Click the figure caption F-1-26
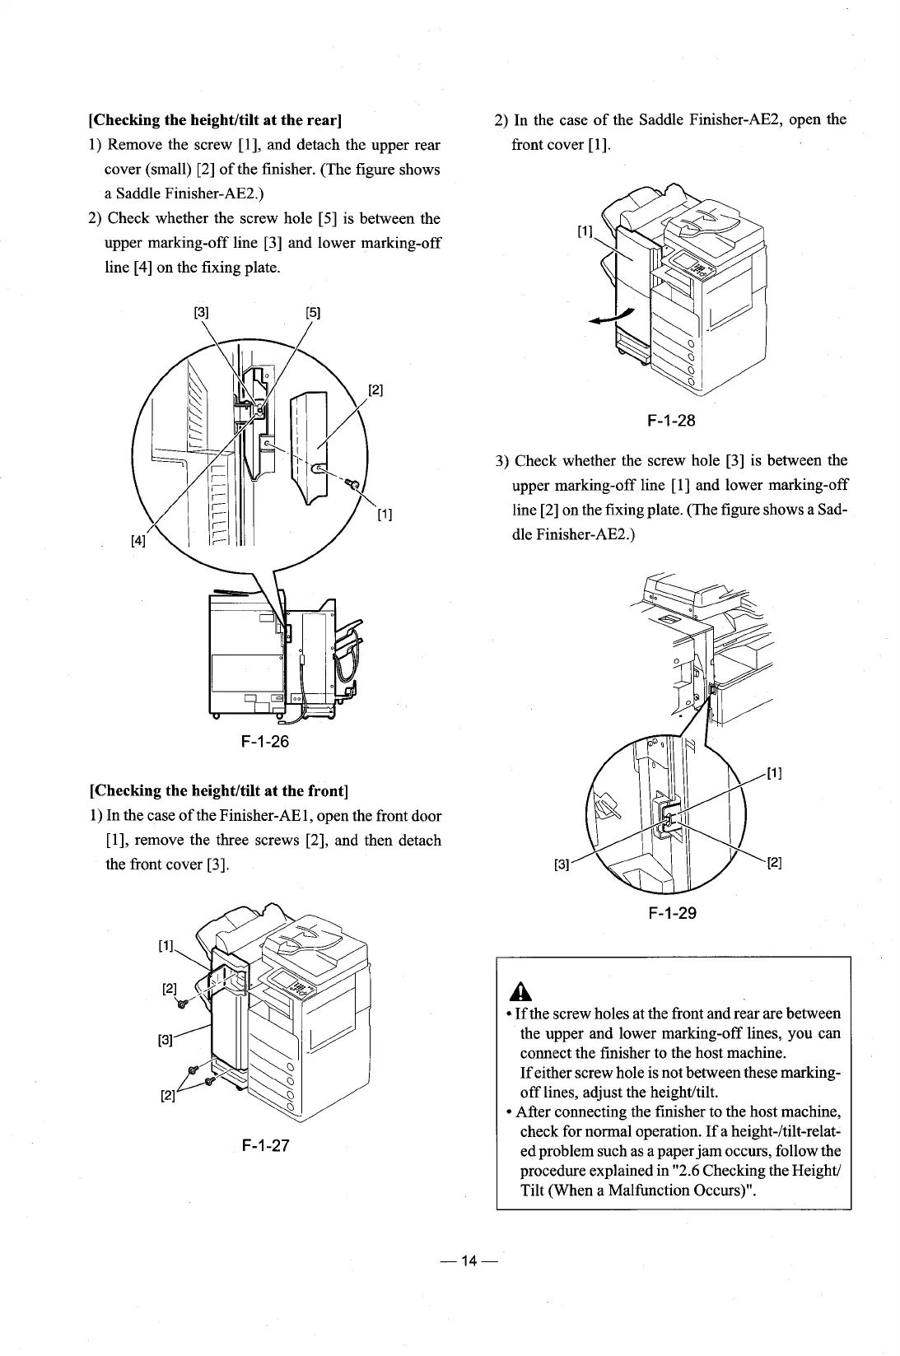tap(265, 741)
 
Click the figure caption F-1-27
tap(265, 1145)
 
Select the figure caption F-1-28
tap(671, 421)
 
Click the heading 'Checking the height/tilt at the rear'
tap(214, 120)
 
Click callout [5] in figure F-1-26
tap(313, 312)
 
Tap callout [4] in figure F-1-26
tap(138, 540)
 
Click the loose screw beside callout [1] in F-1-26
tap(352, 485)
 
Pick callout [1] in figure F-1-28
tap(585, 232)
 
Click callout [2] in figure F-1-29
tap(774, 863)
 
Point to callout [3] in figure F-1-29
tap(562, 864)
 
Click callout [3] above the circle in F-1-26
tap(201, 312)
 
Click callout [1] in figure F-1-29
tap(774, 773)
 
